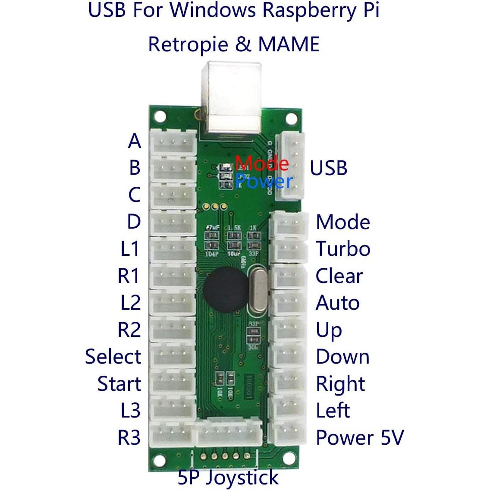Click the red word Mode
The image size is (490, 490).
(262, 163)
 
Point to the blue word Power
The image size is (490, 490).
(264, 181)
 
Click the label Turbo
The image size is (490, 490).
(343, 249)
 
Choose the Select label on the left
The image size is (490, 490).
(113, 357)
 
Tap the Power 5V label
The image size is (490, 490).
(360, 437)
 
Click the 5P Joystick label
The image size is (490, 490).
(228, 477)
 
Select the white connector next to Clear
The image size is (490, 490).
(288, 276)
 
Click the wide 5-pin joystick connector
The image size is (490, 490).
(229, 433)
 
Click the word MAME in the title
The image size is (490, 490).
(289, 44)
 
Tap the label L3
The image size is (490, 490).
(130, 410)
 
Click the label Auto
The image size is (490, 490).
(337, 303)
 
